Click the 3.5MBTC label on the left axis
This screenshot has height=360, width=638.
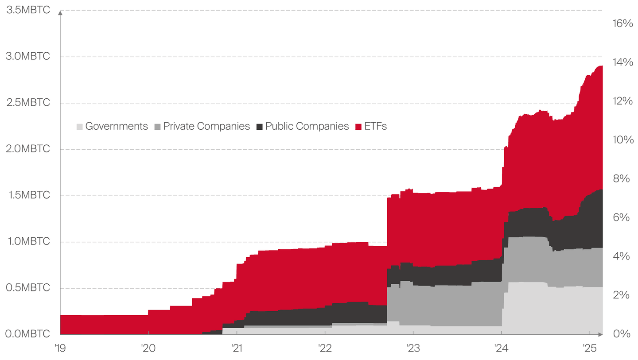click(x=28, y=10)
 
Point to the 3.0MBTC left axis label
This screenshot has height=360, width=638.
click(x=28, y=56)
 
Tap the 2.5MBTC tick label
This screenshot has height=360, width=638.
click(x=28, y=102)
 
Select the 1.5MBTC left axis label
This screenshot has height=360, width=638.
click(x=28, y=195)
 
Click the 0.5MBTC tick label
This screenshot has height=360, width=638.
click(x=28, y=288)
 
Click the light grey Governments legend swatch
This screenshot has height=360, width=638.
click(x=79, y=127)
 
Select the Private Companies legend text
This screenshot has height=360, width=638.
click(x=206, y=126)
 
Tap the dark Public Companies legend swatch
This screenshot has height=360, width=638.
click(x=260, y=127)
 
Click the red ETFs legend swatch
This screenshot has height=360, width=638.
click(x=359, y=127)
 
